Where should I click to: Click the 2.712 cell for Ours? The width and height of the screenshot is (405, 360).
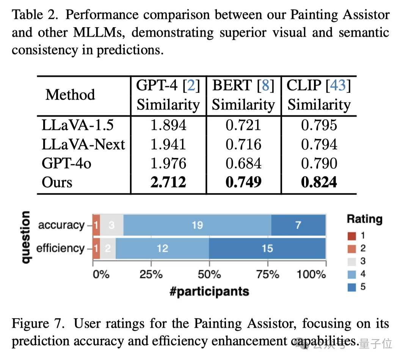[x=168, y=182]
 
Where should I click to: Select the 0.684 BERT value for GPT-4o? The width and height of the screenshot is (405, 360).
[x=243, y=163]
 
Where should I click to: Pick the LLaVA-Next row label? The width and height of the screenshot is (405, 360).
[x=83, y=144]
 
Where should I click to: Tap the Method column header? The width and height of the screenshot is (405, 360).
[x=70, y=94]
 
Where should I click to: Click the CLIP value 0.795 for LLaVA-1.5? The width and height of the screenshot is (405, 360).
[x=319, y=125]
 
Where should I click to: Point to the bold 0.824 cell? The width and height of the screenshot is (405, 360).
[x=319, y=182]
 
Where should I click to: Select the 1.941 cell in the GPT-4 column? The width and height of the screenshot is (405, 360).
[x=168, y=144]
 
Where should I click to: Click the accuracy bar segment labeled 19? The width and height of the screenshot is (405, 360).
[x=197, y=225]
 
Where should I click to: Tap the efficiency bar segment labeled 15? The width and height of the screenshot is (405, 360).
[x=267, y=248]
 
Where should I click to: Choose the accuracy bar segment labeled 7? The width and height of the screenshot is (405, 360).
[x=298, y=225]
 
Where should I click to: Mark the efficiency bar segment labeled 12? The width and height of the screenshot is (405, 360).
[x=162, y=248]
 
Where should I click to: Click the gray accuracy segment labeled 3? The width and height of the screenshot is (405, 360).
[x=111, y=225]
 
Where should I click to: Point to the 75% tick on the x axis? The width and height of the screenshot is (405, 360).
[x=268, y=274]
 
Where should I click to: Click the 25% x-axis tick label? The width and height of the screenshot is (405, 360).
[x=151, y=274]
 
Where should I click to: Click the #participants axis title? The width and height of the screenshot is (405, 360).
[x=209, y=291]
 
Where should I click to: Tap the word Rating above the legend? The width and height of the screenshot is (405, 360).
[x=364, y=219]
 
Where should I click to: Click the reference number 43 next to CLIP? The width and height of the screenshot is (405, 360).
[x=339, y=86]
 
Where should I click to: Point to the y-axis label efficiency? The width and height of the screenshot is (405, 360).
[x=60, y=248]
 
